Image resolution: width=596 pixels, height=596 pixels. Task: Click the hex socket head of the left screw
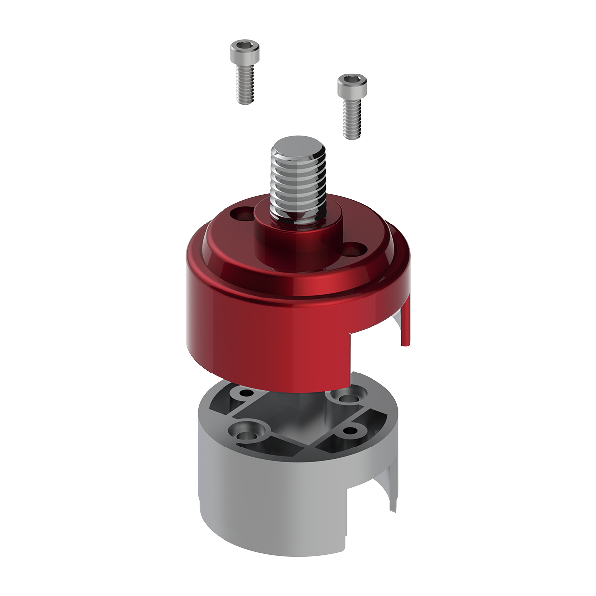[244, 50]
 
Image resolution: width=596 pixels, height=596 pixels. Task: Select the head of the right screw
[352, 85]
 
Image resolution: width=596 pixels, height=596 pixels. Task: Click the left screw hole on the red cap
[242, 215]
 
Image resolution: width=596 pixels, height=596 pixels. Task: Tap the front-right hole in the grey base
[350, 430]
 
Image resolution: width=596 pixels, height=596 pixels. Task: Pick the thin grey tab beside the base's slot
[393, 492]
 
